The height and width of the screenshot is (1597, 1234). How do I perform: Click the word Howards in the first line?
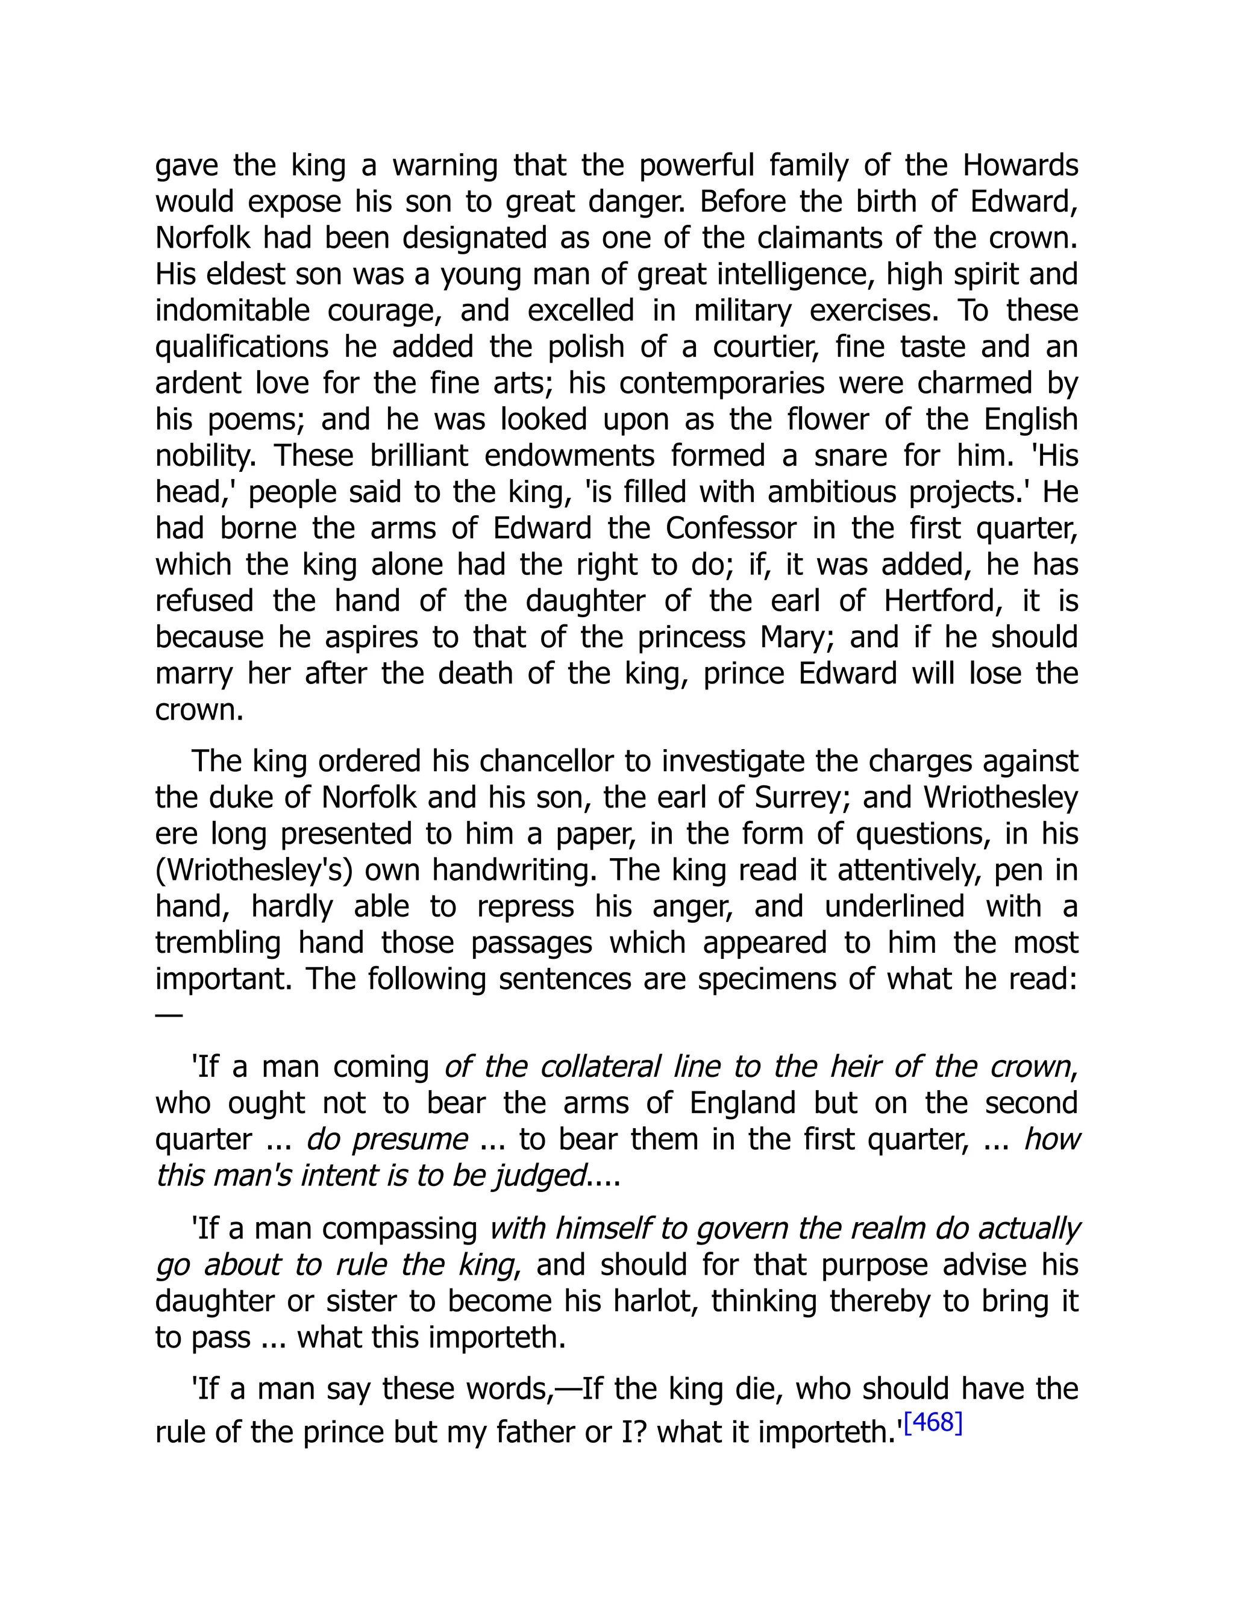click(x=1020, y=166)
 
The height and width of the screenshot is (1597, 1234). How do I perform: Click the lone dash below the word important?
click(x=169, y=1015)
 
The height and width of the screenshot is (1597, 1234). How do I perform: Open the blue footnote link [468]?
click(x=933, y=1422)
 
